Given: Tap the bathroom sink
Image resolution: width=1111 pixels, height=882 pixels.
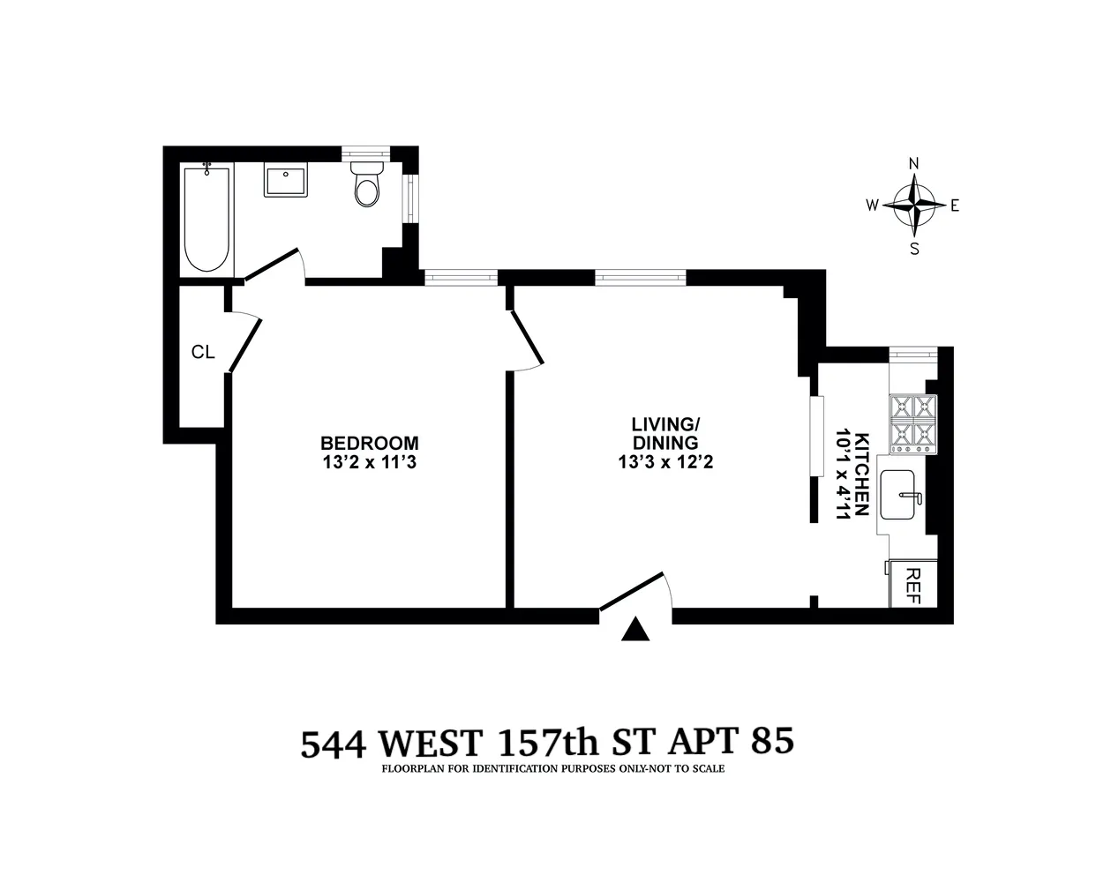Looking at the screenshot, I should pyautogui.click(x=285, y=182).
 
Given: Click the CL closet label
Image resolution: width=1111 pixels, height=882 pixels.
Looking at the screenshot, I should pyautogui.click(x=203, y=353).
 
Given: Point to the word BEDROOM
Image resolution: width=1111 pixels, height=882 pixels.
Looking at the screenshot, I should pyautogui.click(x=369, y=443).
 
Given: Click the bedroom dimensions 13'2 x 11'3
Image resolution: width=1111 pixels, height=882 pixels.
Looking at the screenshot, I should pyautogui.click(x=369, y=461).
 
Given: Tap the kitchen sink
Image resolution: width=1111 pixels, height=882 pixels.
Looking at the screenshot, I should pyautogui.click(x=903, y=498).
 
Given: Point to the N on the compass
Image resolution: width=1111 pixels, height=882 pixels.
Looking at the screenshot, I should pyautogui.click(x=915, y=163).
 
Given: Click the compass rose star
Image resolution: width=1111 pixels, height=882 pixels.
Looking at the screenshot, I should pyautogui.click(x=914, y=206).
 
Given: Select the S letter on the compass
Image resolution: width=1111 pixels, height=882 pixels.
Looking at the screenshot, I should pyautogui.click(x=915, y=249).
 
